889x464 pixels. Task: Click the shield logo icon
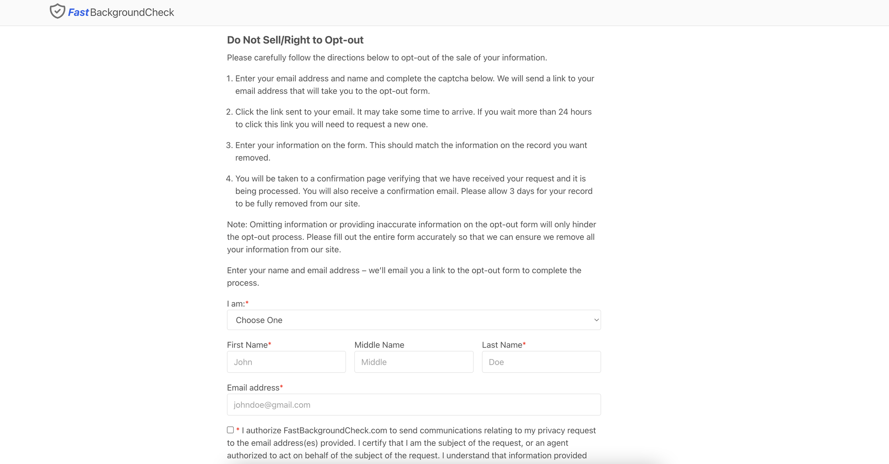pos(57,11)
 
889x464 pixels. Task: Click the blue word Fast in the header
pos(78,12)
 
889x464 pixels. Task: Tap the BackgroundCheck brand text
pos(132,12)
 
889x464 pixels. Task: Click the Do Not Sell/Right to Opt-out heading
pos(295,40)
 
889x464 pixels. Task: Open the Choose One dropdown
pos(414,320)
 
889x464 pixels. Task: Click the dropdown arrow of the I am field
pos(596,320)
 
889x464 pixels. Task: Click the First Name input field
pos(286,362)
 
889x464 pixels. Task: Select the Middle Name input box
pos(414,362)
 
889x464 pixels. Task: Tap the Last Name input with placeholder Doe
pos(541,362)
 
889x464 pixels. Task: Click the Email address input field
pos(414,405)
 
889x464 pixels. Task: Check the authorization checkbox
pos(230,430)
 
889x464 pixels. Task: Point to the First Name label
pos(247,345)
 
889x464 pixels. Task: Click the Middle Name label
pos(379,345)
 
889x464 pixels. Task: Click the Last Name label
pos(502,345)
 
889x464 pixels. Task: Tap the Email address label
pos(253,387)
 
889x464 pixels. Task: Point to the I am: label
pos(236,304)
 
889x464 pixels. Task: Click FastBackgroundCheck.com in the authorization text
pos(335,431)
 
